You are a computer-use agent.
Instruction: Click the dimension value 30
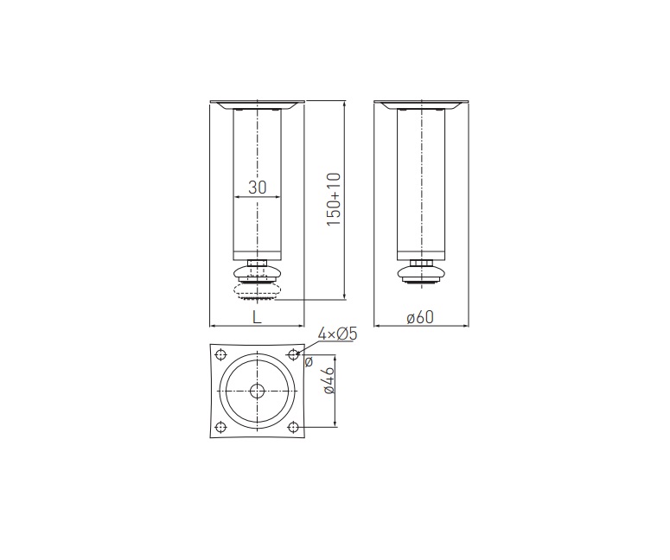tap(258, 187)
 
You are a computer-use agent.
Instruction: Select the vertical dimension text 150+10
tap(334, 200)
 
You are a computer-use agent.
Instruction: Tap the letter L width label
tap(257, 317)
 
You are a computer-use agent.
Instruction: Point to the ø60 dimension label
tap(420, 317)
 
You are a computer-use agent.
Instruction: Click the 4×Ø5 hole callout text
tap(337, 334)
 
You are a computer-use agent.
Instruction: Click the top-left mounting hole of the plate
tap(221, 354)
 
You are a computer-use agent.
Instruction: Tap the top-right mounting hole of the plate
tap(293, 354)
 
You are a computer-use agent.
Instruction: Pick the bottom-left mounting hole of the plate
tap(221, 427)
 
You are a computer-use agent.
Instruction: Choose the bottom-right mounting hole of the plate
tap(293, 427)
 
